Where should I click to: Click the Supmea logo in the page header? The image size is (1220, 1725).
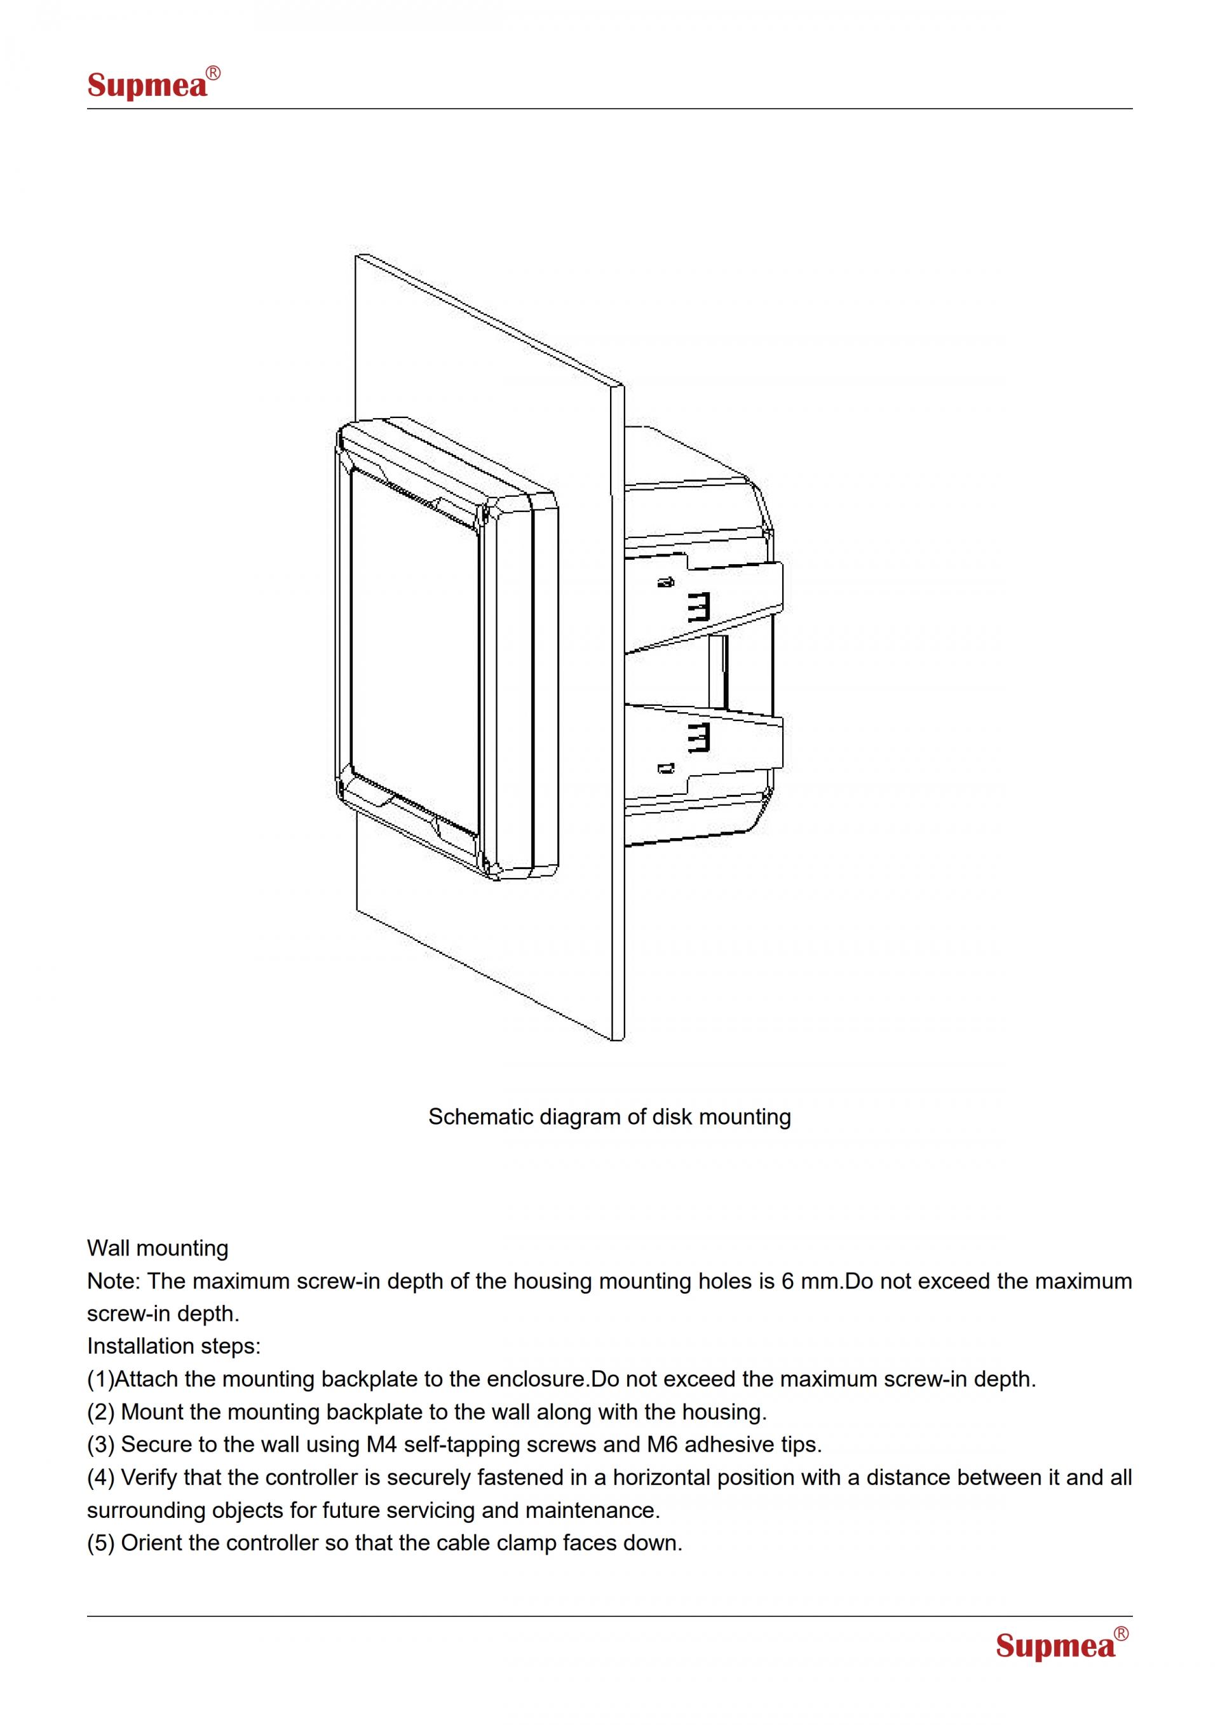154,83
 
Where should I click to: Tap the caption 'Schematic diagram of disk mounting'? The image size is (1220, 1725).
609,1116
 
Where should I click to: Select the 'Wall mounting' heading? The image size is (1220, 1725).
158,1248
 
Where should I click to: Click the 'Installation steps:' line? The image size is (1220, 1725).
174,1346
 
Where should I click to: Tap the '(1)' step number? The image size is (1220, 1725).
100,1379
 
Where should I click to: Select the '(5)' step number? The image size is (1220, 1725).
100,1543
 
